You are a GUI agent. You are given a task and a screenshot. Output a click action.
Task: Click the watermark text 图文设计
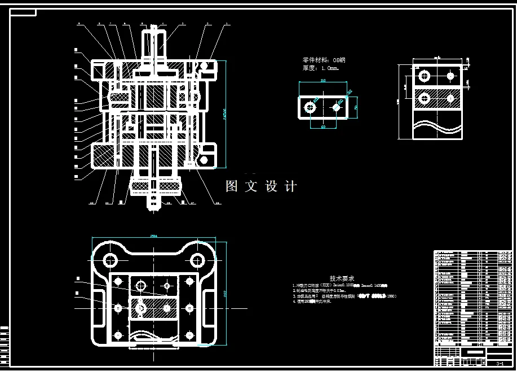(261, 186)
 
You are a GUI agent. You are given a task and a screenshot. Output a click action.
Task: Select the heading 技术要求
(342, 278)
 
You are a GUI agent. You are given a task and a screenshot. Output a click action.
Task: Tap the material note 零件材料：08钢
(324, 59)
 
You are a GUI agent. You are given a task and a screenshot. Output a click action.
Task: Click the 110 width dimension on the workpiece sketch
(323, 81)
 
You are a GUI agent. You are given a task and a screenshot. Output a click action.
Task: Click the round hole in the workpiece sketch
(310, 107)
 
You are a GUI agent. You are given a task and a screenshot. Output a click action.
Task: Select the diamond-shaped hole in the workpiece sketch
(337, 107)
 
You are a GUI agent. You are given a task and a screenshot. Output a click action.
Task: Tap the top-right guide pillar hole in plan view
(197, 260)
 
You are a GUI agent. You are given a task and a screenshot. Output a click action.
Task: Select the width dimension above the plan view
(154, 237)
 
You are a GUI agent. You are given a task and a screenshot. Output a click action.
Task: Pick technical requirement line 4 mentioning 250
(312, 302)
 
